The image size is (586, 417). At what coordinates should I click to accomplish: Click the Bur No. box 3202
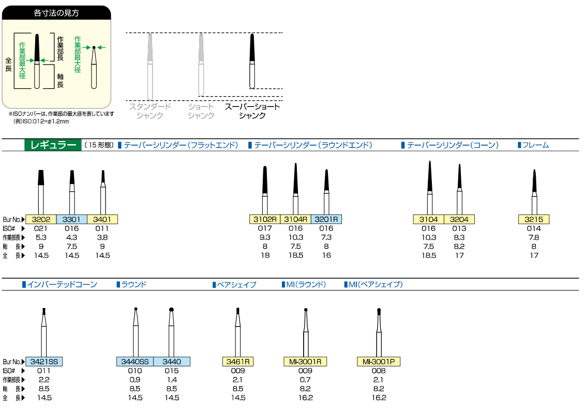(x=41, y=219)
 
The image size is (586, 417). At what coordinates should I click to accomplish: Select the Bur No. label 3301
(x=71, y=219)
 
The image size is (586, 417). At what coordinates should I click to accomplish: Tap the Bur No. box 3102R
(x=265, y=219)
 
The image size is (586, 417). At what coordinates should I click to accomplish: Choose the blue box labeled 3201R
(x=326, y=219)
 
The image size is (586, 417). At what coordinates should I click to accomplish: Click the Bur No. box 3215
(x=534, y=219)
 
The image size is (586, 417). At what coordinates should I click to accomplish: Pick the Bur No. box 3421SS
(x=44, y=361)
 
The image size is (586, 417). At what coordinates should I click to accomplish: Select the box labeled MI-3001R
(x=305, y=361)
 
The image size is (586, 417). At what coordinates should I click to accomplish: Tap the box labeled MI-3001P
(x=379, y=361)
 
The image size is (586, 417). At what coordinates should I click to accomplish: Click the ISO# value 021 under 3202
(x=41, y=228)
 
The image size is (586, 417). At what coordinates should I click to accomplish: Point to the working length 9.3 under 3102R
(x=265, y=237)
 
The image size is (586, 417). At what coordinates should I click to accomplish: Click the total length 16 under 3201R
(x=327, y=255)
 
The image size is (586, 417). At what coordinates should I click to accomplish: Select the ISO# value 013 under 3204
(x=459, y=228)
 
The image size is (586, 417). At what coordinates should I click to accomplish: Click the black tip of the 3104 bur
(x=430, y=176)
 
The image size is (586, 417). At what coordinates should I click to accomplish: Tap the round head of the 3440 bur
(x=172, y=310)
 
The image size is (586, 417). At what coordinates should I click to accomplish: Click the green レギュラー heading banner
(x=53, y=145)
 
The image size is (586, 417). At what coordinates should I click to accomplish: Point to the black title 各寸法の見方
(x=56, y=13)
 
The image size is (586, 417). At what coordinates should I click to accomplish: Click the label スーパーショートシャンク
(x=252, y=111)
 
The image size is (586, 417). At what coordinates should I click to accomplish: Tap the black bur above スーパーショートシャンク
(x=252, y=61)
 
